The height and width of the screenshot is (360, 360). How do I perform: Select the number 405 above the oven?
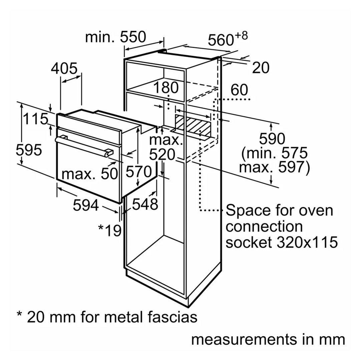[64, 68]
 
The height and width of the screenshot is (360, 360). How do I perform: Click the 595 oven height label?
[29, 150]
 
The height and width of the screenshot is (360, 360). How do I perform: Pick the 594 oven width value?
[86, 205]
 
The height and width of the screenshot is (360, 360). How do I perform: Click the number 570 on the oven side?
[139, 172]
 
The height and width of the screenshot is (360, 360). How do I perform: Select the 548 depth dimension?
[145, 204]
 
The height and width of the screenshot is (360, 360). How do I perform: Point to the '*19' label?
[109, 230]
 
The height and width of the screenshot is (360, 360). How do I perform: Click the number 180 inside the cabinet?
[166, 88]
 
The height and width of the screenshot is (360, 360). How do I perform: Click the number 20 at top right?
[260, 68]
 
